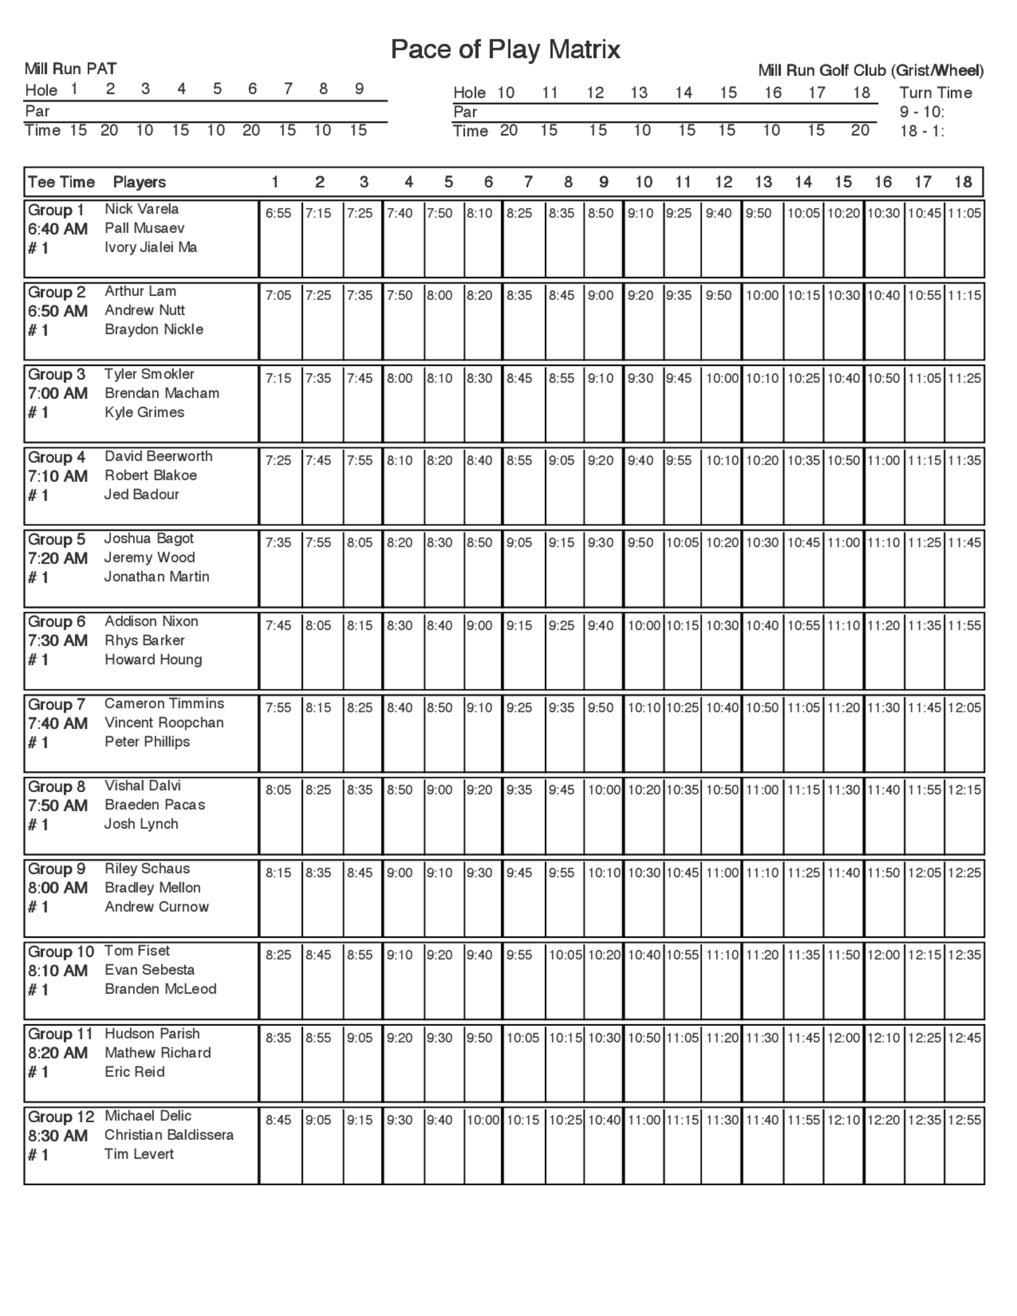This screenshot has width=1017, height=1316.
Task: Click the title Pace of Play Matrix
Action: pyautogui.click(x=505, y=49)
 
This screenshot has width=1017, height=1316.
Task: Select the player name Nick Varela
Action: pyautogui.click(x=141, y=209)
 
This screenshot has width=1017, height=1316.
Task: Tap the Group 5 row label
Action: pyautogui.click(x=56, y=540)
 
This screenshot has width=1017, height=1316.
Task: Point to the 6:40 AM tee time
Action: pyautogui.click(x=58, y=229)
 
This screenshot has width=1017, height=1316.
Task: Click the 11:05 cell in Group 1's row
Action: pyautogui.click(x=964, y=213)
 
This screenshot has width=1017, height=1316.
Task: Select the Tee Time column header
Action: pyautogui.click(x=61, y=182)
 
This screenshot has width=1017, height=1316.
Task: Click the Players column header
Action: pyautogui.click(x=139, y=182)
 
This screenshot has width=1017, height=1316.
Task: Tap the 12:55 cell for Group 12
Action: pyautogui.click(x=964, y=1120)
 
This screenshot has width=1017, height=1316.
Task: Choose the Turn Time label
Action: pyautogui.click(x=935, y=93)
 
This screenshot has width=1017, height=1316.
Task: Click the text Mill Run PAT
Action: pyautogui.click(x=71, y=69)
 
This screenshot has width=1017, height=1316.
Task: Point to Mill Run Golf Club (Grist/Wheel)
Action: pyautogui.click(x=871, y=71)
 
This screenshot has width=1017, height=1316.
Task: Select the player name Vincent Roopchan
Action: pyautogui.click(x=164, y=723)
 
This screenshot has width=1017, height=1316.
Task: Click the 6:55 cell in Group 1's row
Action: pyautogui.click(x=278, y=213)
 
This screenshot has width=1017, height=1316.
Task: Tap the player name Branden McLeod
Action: pyautogui.click(x=160, y=989)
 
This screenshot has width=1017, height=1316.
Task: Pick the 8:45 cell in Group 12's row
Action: pyautogui.click(x=278, y=1120)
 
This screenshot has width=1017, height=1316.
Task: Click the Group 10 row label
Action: pyautogui.click(x=61, y=951)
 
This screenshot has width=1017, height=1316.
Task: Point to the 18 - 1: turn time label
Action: pyautogui.click(x=922, y=131)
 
